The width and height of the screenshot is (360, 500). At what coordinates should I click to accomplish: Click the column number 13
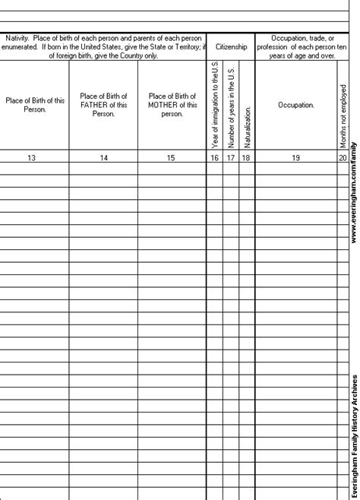tap(34, 157)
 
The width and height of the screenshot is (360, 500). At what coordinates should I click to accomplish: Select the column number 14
tap(103, 157)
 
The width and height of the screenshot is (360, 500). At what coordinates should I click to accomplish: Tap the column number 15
tap(172, 157)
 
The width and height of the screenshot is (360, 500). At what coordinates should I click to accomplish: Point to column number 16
tap(213, 157)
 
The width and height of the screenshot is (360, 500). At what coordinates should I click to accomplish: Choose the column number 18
tap(246, 157)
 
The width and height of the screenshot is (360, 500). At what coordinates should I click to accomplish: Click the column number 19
tap(296, 157)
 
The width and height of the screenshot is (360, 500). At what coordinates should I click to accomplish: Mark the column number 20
tap(344, 157)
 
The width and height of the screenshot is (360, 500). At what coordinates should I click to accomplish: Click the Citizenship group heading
tap(230, 46)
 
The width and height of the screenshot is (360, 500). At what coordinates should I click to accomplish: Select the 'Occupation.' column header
tap(296, 105)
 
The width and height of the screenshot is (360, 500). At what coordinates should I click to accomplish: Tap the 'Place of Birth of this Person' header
tap(34, 105)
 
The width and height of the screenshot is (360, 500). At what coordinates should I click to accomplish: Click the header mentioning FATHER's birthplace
tap(103, 105)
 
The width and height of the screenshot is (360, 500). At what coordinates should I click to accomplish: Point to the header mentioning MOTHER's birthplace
tap(172, 105)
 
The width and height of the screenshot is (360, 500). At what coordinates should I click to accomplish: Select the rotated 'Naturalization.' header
tap(247, 122)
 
